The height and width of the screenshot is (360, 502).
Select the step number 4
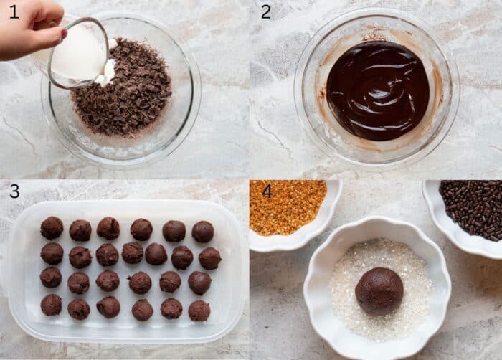point(267,191)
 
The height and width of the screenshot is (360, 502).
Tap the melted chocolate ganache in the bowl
point(377,90)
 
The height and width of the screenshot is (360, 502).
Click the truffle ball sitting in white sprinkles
point(379,290)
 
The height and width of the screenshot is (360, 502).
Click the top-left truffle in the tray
point(52,227)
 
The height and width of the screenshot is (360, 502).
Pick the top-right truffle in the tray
point(203,231)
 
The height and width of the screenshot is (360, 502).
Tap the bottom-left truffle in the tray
point(51,305)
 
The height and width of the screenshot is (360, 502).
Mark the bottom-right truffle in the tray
point(199,311)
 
